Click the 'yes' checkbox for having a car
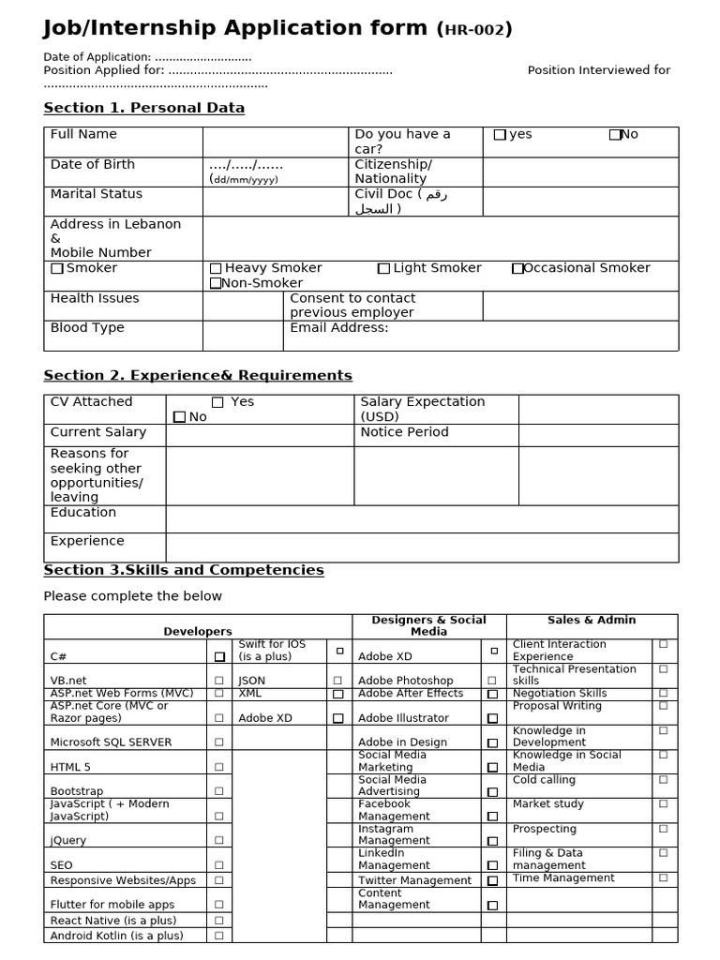[x=500, y=135]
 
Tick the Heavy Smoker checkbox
[x=216, y=269]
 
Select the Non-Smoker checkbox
[x=216, y=283]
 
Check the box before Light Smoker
[x=383, y=269]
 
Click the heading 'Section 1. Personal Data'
[x=144, y=108]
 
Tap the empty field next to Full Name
[x=276, y=142]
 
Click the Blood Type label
[x=87, y=328]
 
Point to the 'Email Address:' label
[x=339, y=328]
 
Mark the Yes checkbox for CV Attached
[x=217, y=402]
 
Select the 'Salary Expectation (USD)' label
[x=423, y=409]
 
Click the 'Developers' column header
[x=198, y=632]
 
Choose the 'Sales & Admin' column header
[x=592, y=620]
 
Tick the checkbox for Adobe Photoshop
[x=492, y=681]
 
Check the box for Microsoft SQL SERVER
[x=219, y=742]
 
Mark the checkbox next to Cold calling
[x=664, y=779]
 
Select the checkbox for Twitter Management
[x=492, y=881]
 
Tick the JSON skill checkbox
[x=338, y=681]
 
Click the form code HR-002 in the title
[x=475, y=30]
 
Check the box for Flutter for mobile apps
[x=219, y=905]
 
